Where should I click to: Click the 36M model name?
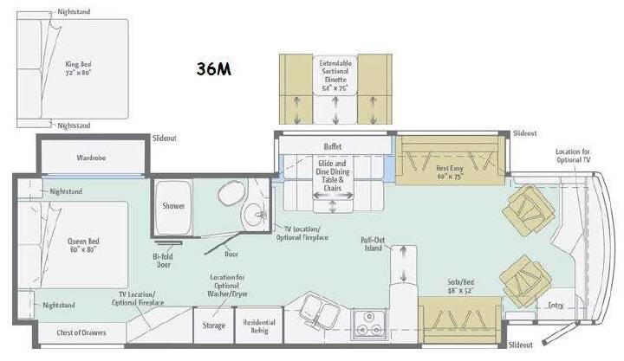coord(214,68)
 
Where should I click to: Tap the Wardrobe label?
coord(91,158)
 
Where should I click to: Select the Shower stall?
coord(173,208)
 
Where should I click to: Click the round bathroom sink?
coord(254,215)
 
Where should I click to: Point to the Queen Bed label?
coord(83,245)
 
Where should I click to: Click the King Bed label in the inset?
coord(78,68)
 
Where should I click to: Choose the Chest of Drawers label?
coord(81,332)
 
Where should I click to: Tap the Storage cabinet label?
coord(214,326)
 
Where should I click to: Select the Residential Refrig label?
coord(259,326)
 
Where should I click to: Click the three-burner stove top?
coord(368,324)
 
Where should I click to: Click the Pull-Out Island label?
coord(373,244)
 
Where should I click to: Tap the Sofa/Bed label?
coord(461,287)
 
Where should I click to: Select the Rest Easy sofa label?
coord(450,172)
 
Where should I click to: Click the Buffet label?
coord(333,146)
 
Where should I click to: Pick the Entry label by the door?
coord(556,305)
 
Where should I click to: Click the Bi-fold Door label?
coord(163,261)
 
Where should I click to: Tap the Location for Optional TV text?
coord(573,156)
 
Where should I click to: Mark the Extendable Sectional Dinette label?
coord(335,75)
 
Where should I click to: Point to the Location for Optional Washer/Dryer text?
coord(227,286)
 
